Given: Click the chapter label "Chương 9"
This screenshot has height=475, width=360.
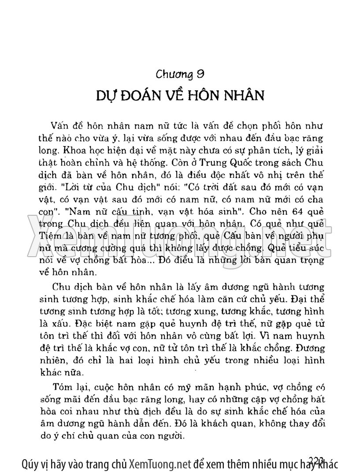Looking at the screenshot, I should click(x=180, y=75).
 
